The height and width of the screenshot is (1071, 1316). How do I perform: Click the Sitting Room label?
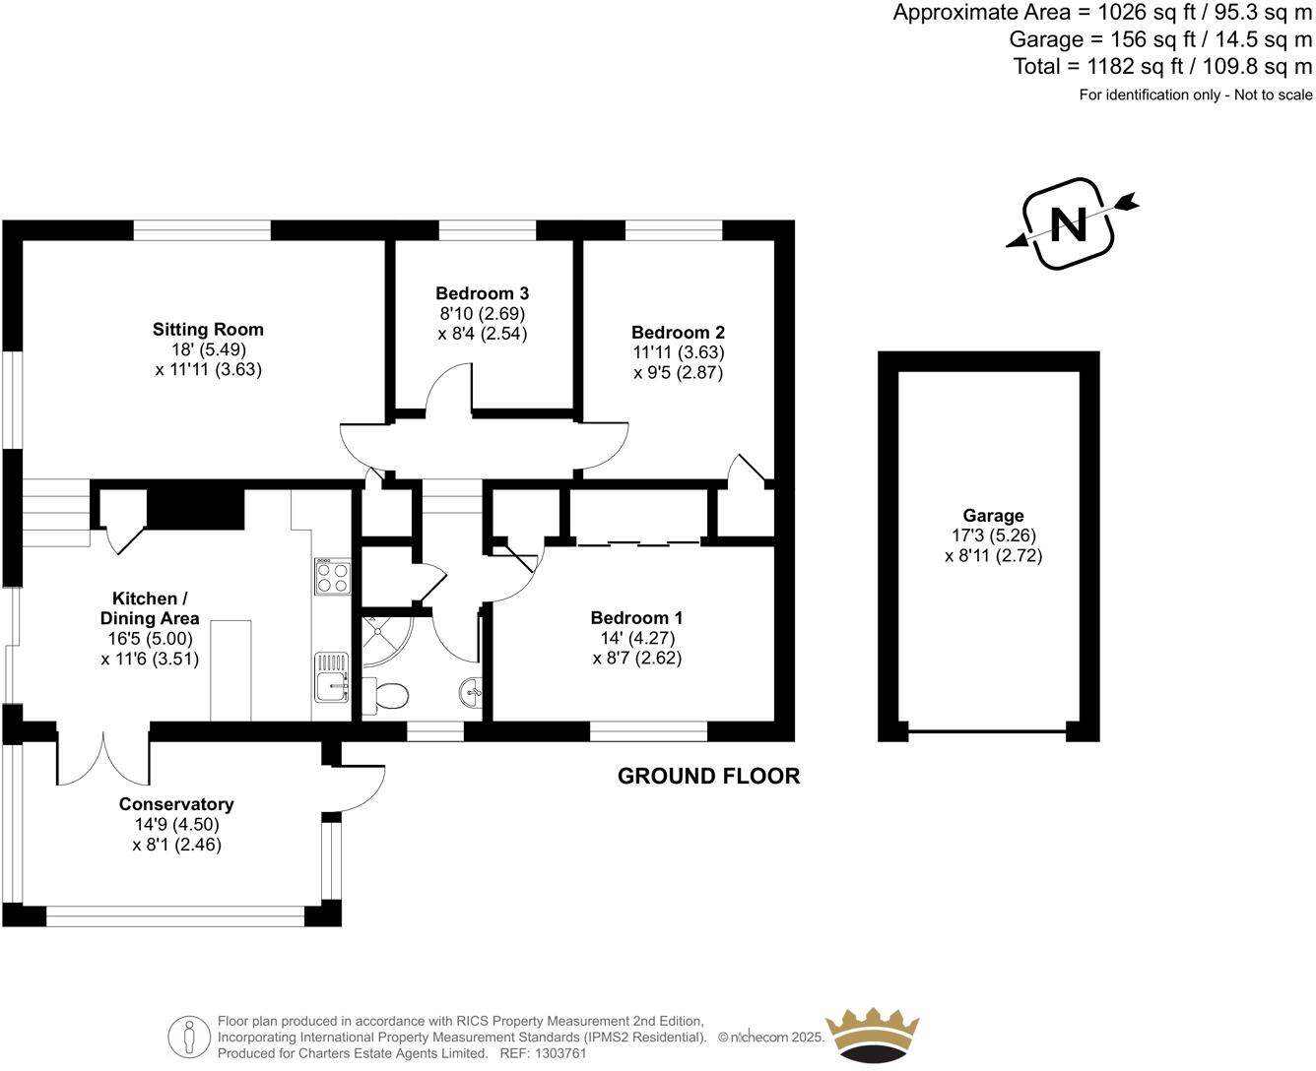pos(208,330)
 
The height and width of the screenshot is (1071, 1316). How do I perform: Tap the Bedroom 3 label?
pos(482,293)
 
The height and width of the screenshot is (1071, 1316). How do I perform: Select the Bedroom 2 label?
pos(678,333)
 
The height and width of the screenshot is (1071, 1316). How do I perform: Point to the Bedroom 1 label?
pos(636,618)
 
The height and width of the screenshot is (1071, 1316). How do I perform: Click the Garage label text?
pos(993,516)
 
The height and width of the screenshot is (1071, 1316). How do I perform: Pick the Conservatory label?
pos(176,804)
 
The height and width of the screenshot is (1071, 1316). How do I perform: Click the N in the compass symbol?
pos(1069,224)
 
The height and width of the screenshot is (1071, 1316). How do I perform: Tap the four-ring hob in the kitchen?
pos(332,577)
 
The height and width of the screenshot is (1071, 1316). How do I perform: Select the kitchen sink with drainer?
pos(332,677)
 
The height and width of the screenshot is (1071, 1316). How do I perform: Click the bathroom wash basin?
pos(472,693)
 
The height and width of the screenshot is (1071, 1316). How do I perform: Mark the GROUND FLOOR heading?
pos(708,776)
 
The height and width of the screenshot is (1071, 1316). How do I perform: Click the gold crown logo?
pos(872,1036)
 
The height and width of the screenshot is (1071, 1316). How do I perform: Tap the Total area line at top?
pos(1162,67)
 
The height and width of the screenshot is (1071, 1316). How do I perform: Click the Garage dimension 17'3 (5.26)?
pos(993,535)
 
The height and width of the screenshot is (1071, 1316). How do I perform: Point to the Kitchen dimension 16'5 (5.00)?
pos(150,639)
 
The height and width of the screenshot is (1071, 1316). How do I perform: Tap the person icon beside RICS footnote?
pos(188,1037)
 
